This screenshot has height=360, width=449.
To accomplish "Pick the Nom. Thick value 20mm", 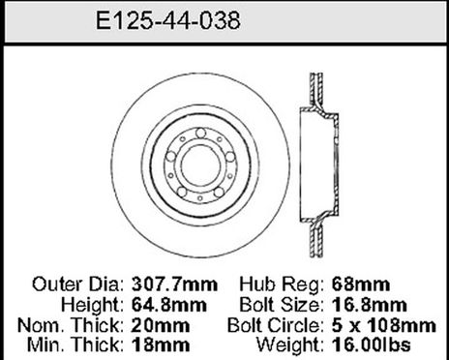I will (x=146, y=324).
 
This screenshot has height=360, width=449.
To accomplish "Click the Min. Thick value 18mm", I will (x=146, y=344).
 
